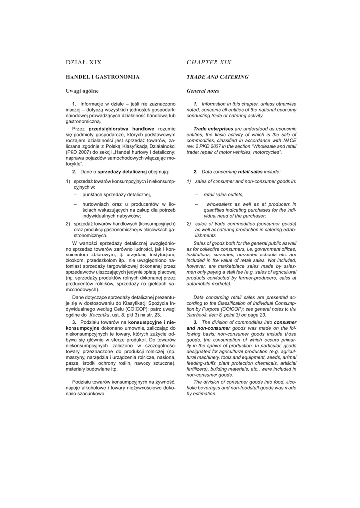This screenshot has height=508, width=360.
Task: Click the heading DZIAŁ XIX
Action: (x=83, y=63)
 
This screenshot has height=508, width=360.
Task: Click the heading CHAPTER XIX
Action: (x=209, y=63)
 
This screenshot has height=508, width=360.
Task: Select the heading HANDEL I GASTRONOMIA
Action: (x=103, y=77)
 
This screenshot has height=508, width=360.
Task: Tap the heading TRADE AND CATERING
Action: (x=217, y=77)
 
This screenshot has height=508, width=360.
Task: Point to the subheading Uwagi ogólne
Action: (x=82, y=91)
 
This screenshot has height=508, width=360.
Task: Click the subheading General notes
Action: (x=203, y=91)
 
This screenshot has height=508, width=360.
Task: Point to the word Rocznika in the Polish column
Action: (x=101, y=314)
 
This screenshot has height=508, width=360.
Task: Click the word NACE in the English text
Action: (x=288, y=140)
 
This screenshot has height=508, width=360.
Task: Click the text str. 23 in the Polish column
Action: (x=153, y=314)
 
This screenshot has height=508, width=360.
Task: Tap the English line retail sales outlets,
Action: (x=223, y=195)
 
